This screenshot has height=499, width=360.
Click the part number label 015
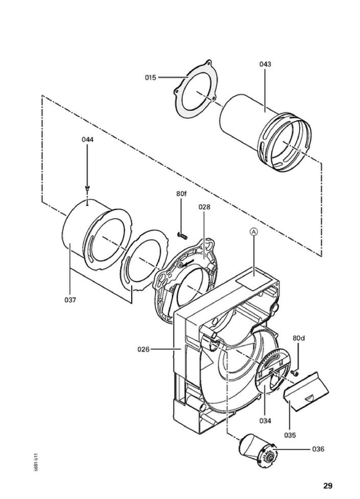coord(150,78)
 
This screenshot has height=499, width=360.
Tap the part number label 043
coord(265,64)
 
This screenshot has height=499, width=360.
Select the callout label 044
coord(88,139)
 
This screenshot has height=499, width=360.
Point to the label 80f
coord(181,194)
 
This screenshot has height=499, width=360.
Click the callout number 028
coord(204,207)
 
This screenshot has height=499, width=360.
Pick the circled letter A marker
coord(254,232)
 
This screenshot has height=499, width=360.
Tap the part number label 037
coord(70,300)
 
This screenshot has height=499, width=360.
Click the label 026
coord(143,350)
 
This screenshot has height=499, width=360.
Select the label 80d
coord(299,338)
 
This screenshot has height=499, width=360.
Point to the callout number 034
coord(265,421)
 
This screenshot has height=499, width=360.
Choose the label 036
coord(318,449)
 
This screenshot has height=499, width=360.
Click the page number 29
coord(328,485)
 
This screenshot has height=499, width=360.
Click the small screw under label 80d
coord(294,373)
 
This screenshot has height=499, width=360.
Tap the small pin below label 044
coord(87,189)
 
